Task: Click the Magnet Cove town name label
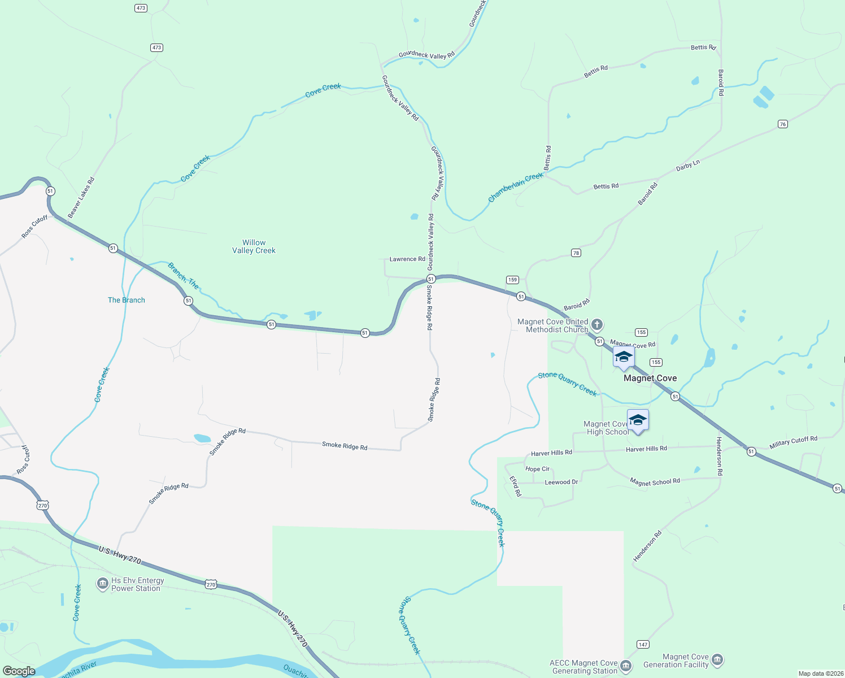[x=650, y=378]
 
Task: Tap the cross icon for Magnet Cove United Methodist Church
[x=597, y=325]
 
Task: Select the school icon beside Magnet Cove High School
[x=638, y=420]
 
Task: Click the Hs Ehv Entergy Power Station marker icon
[x=102, y=584]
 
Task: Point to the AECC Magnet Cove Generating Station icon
[x=625, y=666]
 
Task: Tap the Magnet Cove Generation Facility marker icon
[x=717, y=660]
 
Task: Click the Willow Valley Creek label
[x=254, y=246]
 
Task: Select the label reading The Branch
[x=127, y=300]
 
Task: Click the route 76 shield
[x=782, y=124]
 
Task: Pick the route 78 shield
[x=576, y=253]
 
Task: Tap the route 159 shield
[x=512, y=280]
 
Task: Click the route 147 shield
[x=643, y=645]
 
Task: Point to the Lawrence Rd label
[x=407, y=259]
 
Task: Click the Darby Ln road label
[x=688, y=166]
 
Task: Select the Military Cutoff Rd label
[x=793, y=442]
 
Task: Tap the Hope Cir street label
[x=537, y=469]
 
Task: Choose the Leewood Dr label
[x=561, y=483]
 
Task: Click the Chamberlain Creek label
[x=516, y=187]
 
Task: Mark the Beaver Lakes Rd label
[x=81, y=198]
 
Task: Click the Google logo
[x=19, y=671]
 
